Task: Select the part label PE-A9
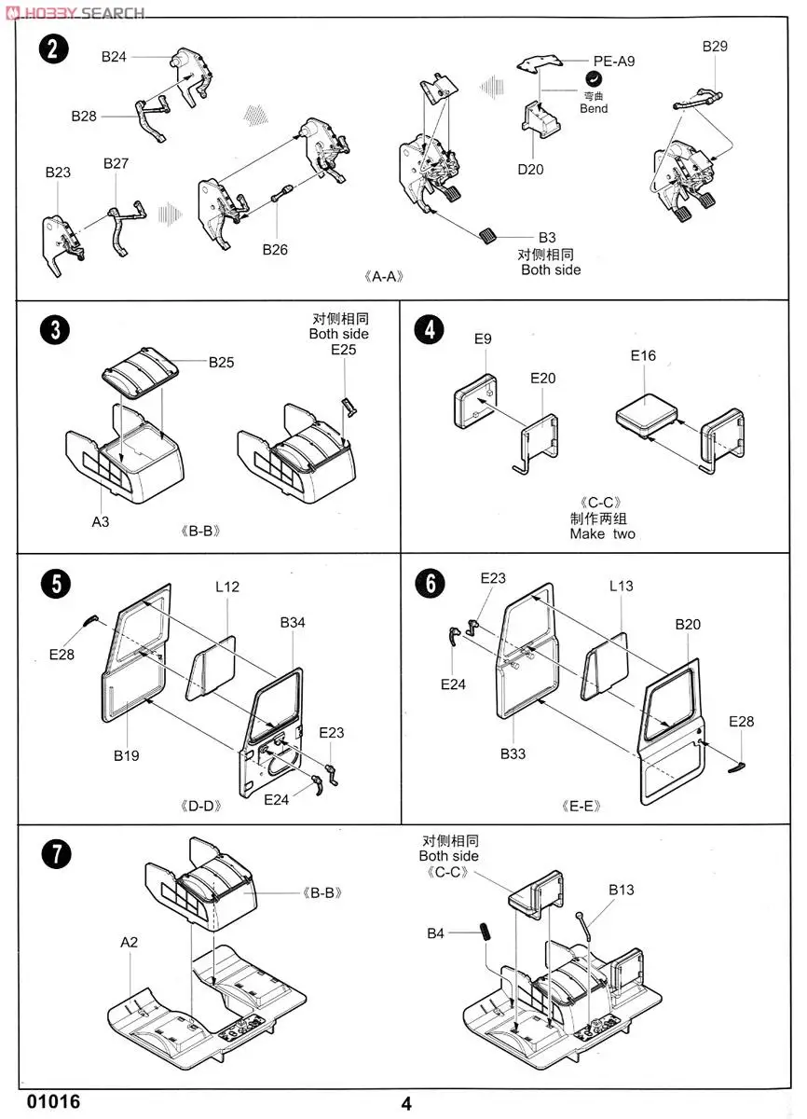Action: click(614, 61)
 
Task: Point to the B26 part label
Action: click(275, 249)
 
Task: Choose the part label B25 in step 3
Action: click(221, 362)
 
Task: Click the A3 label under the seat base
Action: click(101, 521)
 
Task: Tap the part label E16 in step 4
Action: click(643, 355)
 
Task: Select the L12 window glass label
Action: click(227, 587)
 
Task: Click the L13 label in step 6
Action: click(621, 586)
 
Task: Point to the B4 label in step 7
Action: click(436, 933)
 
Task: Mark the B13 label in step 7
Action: click(622, 890)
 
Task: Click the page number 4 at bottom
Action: click(406, 1104)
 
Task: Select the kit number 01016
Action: click(48, 1102)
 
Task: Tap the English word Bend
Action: click(594, 109)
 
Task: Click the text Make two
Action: click(602, 534)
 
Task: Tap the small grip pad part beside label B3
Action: click(487, 233)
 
